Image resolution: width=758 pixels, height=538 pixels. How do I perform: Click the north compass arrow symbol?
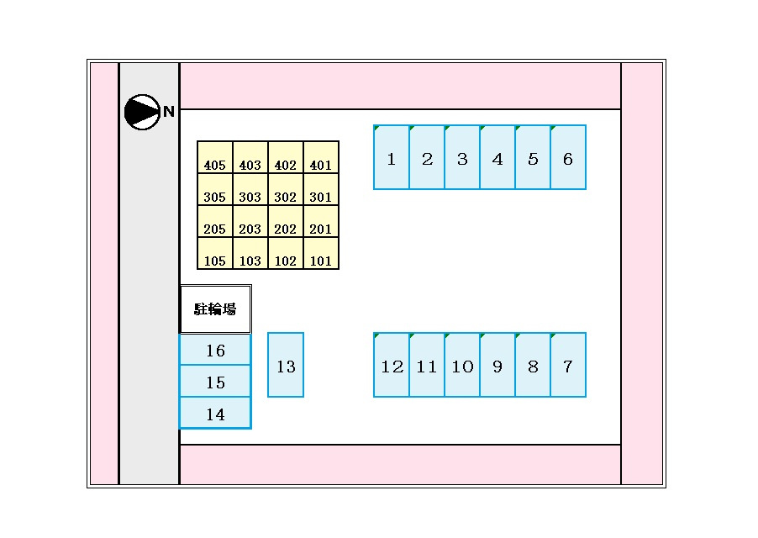[142, 112]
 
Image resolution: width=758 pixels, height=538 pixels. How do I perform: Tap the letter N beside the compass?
[168, 112]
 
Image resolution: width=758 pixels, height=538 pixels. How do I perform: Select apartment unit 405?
[215, 157]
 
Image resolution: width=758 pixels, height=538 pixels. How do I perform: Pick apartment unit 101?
[321, 253]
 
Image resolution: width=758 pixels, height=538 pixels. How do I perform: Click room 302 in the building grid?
[286, 189]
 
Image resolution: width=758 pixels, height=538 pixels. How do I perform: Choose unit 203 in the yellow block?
[250, 221]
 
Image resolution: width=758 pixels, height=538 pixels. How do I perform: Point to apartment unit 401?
[321, 157]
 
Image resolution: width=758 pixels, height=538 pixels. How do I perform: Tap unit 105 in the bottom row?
[215, 253]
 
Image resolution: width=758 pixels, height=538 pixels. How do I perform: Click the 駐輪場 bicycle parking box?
[216, 309]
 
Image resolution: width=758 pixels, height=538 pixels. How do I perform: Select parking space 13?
[286, 365]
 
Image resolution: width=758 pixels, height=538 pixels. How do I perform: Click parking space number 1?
[392, 157]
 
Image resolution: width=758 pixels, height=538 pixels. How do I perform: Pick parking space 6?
[568, 157]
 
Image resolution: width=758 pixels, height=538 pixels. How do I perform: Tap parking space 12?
[392, 365]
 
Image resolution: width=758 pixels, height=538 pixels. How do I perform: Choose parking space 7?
[568, 365]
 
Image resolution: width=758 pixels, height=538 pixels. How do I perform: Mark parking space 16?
[216, 350]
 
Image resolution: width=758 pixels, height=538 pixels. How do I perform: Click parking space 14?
[216, 414]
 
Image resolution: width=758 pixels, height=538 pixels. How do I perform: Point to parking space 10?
[463, 365]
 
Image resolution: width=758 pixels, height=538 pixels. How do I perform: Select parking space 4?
[498, 157]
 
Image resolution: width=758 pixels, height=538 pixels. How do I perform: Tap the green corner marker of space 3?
[447, 128]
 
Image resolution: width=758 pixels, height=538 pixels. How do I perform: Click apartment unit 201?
[321, 221]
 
